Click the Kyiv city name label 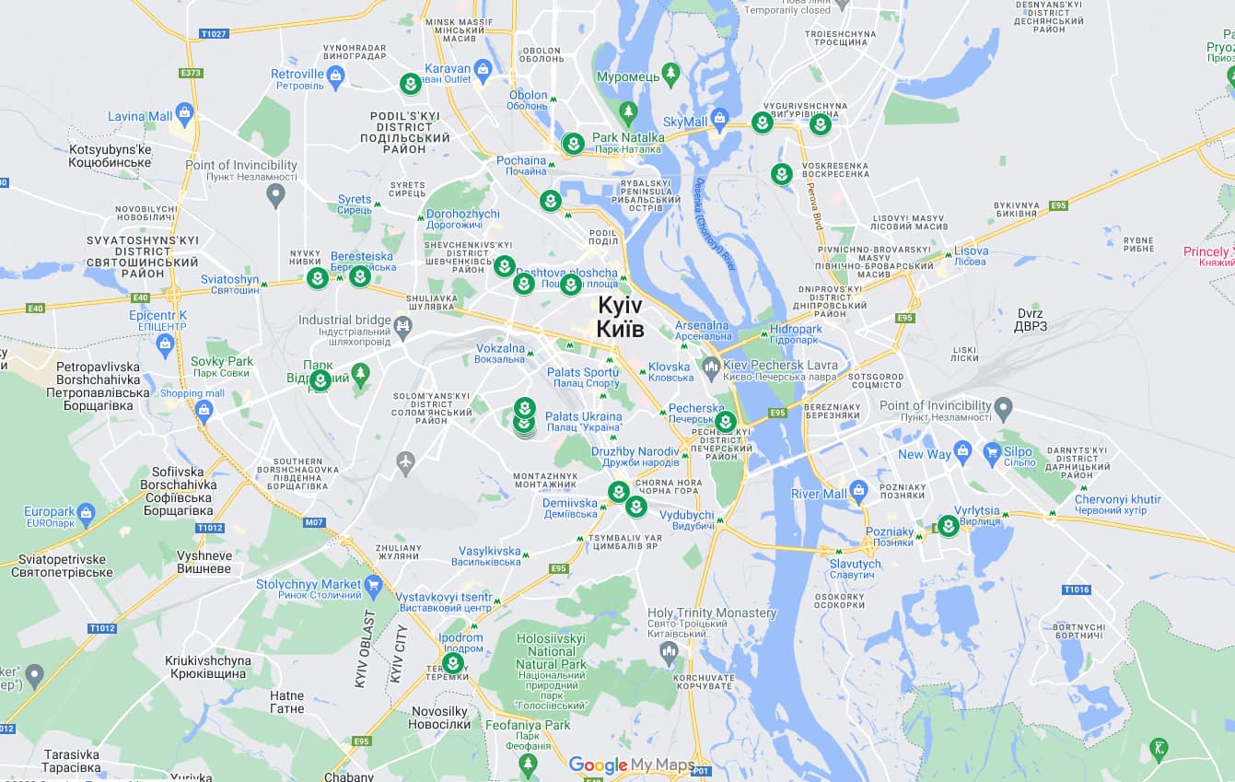coord(620,317)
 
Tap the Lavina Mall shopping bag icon coord(184,114)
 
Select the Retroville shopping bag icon coord(335,75)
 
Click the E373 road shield coord(192,73)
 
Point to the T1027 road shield coord(213,34)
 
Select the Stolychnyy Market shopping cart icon coord(373,585)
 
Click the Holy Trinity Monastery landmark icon coord(670,651)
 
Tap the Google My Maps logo coord(631,764)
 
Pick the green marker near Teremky coord(453,663)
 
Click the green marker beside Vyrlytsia coord(948,526)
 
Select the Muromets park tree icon coord(671,73)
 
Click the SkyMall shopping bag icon coord(719,118)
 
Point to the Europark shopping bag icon coord(87,512)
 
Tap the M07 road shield coord(314,522)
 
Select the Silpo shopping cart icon coord(992,451)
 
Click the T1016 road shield coord(1076,589)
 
